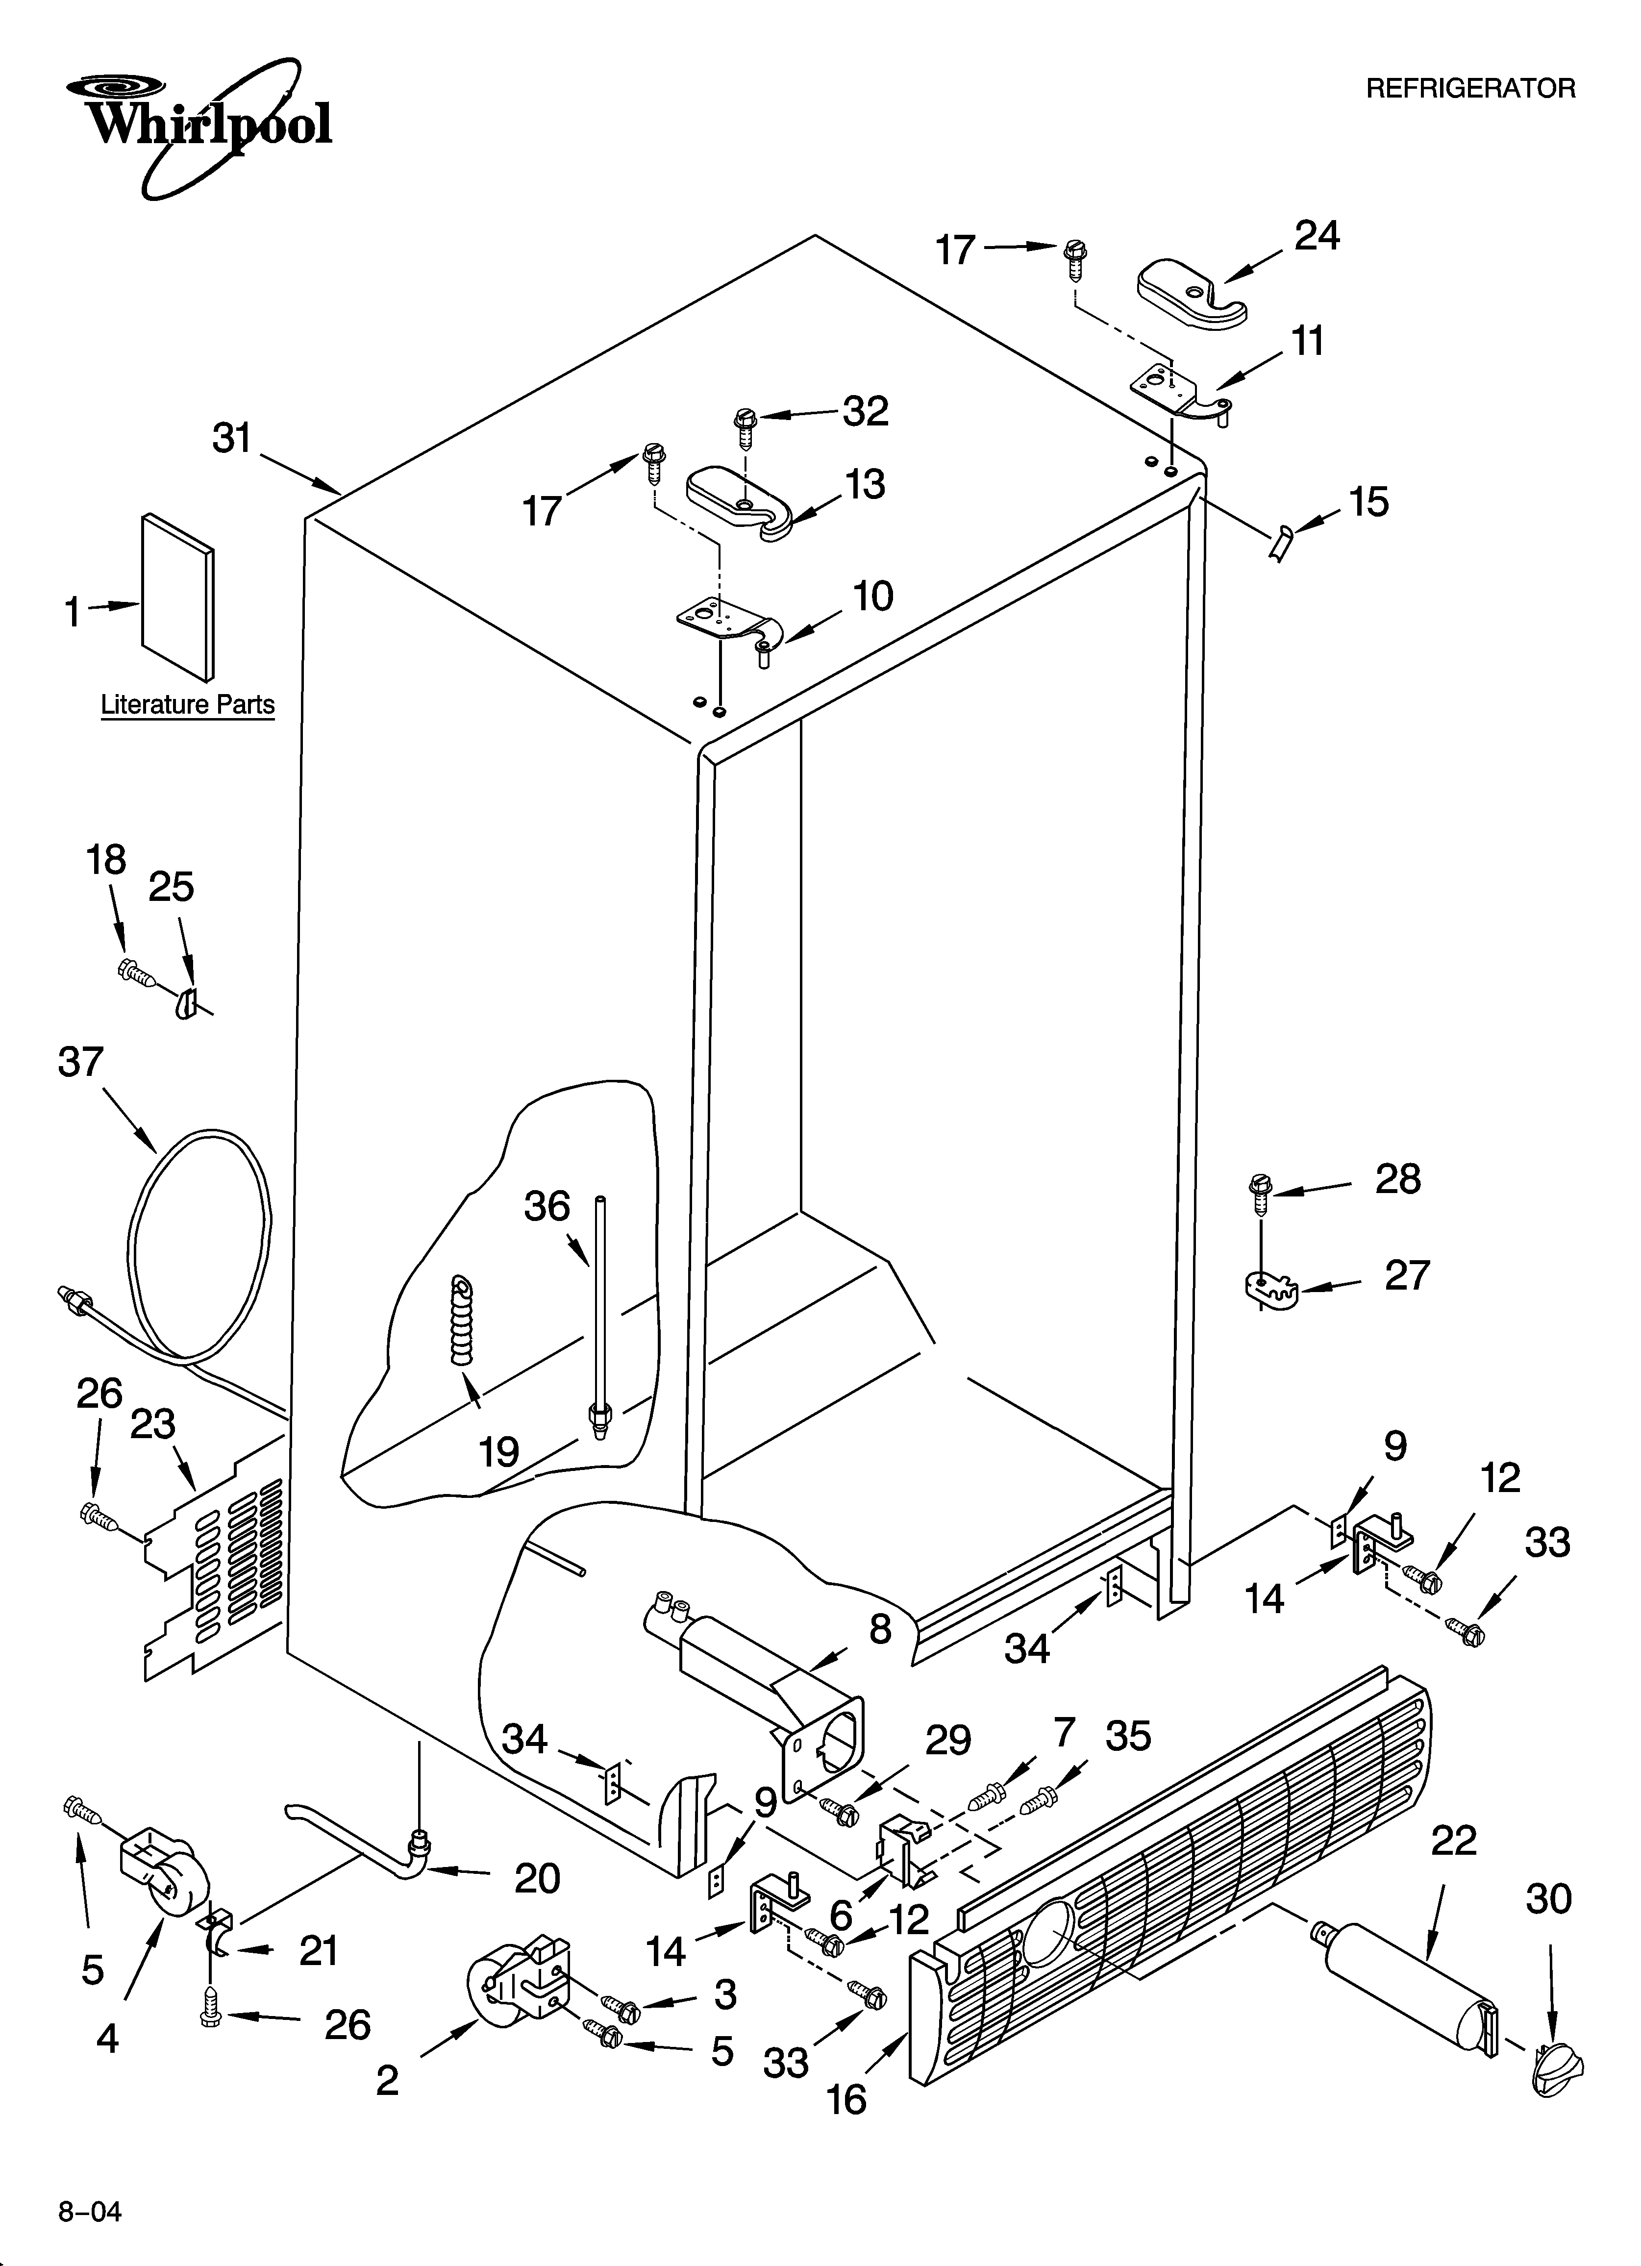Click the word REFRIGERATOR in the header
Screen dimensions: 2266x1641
pos(1470,89)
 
